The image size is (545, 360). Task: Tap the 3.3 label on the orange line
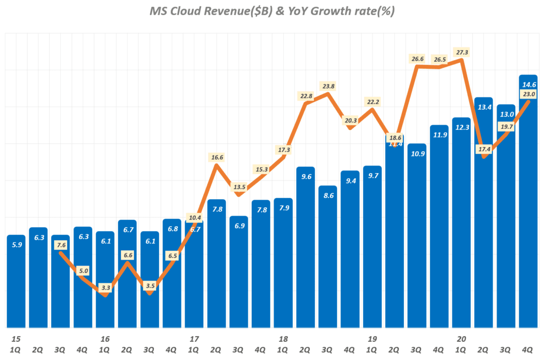click(x=106, y=288)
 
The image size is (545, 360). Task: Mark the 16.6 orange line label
click(x=217, y=157)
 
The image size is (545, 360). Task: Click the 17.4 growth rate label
click(x=484, y=149)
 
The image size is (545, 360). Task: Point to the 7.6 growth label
click(x=60, y=245)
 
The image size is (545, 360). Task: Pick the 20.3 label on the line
click(x=350, y=120)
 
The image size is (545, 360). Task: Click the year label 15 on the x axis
click(x=15, y=339)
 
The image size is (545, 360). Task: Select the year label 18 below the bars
click(x=283, y=339)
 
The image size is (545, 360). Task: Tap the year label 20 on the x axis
click(x=461, y=339)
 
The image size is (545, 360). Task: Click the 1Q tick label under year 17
click(x=194, y=349)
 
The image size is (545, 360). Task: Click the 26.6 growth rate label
click(x=417, y=59)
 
